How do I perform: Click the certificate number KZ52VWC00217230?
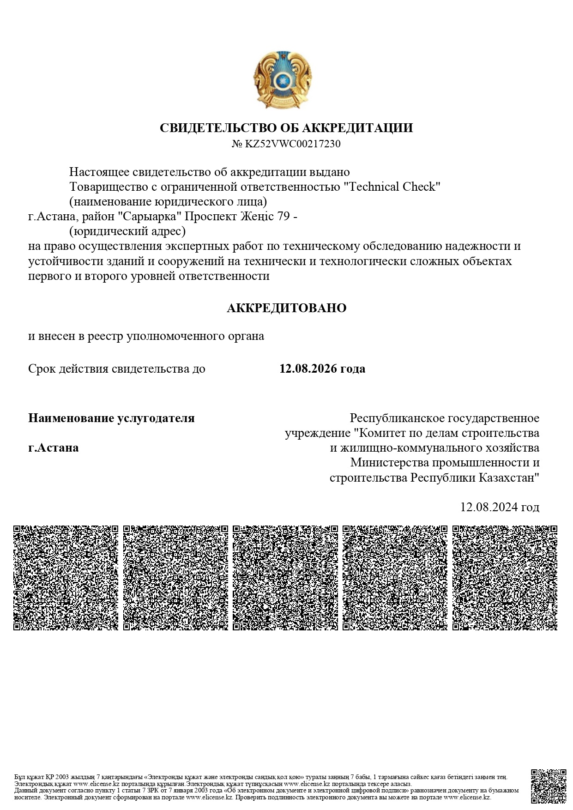292,144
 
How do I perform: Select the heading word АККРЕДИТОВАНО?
286,308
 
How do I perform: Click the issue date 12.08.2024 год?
500,507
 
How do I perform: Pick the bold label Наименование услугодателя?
111,418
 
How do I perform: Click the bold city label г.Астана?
53,448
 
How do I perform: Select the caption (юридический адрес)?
127,231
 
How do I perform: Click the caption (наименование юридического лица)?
168,202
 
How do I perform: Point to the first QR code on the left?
66,577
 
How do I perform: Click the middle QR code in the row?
285,577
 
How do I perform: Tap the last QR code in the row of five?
505,577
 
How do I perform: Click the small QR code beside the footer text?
548,786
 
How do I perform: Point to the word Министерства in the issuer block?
389,463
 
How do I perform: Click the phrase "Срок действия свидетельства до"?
116,369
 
